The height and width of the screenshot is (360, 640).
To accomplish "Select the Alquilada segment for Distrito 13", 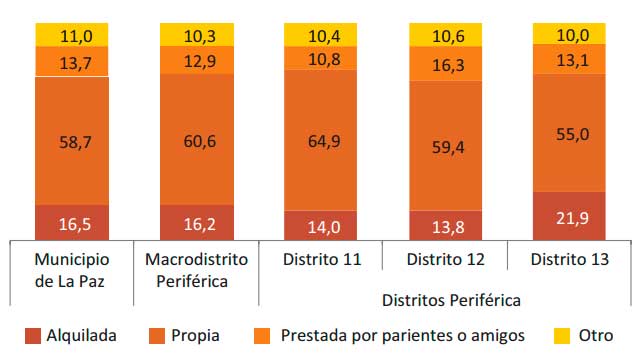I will pyautogui.click(x=569, y=216).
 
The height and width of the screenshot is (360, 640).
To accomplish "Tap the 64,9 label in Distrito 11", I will pyautogui.click(x=320, y=140).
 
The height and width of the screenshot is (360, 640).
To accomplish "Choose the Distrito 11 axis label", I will pyautogui.click(x=321, y=261).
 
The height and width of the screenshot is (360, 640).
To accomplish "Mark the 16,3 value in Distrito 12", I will pyautogui.click(x=445, y=65).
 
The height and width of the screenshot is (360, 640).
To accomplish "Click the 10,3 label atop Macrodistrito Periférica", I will pyautogui.click(x=197, y=36).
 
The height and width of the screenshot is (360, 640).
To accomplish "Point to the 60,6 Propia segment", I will pyautogui.click(x=197, y=140).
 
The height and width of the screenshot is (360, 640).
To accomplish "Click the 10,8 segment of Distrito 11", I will pyautogui.click(x=320, y=59).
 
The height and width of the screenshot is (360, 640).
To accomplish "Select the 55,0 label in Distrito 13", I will pyautogui.click(x=569, y=132).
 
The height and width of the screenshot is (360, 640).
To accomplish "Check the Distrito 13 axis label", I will pyautogui.click(x=569, y=261).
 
